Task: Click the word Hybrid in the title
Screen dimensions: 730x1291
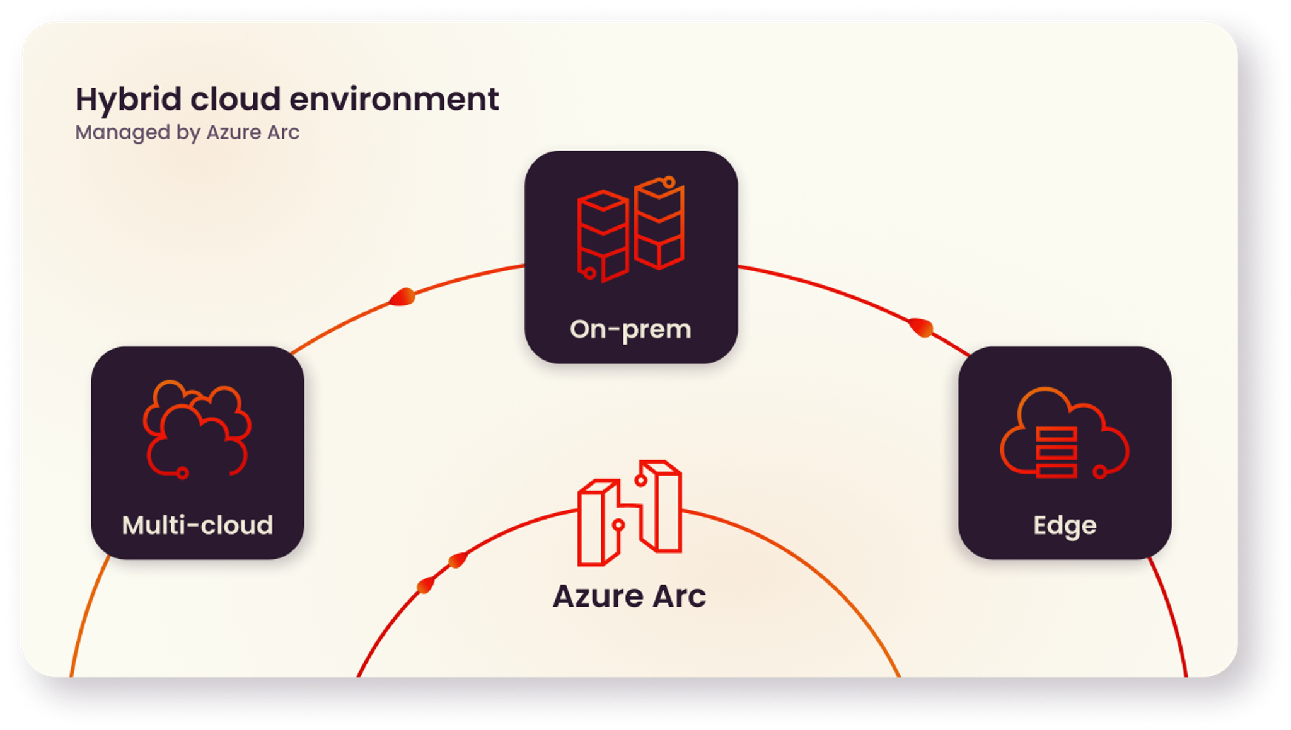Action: coord(129,100)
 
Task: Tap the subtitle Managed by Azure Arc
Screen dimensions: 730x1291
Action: coord(187,132)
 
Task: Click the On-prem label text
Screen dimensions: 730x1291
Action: coord(630,329)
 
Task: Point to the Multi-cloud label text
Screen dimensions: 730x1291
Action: coord(197,525)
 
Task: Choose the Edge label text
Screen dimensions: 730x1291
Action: coord(1065,525)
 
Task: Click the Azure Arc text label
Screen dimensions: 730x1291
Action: coord(629,596)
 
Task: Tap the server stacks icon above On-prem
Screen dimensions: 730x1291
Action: coord(630,230)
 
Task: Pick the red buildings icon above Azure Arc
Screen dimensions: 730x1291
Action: coord(629,513)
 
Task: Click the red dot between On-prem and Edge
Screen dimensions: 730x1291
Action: coord(921,328)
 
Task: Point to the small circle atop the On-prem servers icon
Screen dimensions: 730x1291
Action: coord(669,182)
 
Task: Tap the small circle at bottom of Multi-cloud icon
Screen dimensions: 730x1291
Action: coord(183,472)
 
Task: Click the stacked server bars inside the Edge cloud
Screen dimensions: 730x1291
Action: coord(1056,452)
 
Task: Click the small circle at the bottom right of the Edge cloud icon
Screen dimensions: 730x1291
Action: coord(1100,472)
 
